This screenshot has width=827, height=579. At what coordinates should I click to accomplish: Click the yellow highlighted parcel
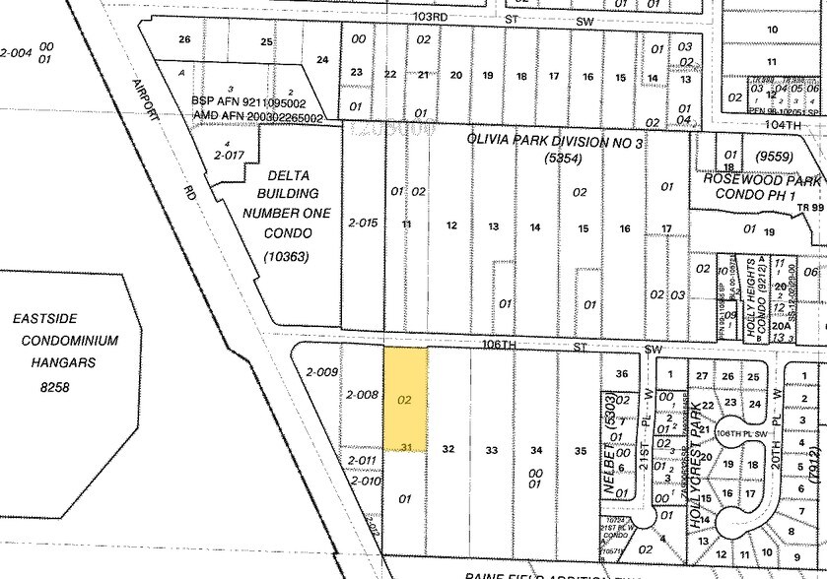tap(405, 399)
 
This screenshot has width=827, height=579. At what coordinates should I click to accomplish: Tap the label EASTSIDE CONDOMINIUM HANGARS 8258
tap(65, 340)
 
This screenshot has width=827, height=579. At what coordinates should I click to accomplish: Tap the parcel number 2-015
tap(363, 224)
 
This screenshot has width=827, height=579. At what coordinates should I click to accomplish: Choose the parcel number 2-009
tap(322, 372)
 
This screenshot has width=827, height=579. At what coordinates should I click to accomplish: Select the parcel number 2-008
tap(362, 395)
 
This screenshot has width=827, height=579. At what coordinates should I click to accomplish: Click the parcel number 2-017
tap(229, 154)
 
